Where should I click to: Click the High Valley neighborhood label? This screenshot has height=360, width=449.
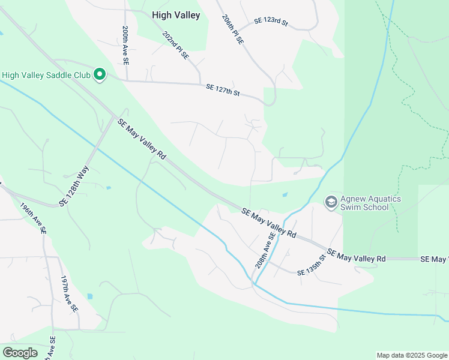[x=175, y=16]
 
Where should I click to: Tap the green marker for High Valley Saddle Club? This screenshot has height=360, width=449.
[x=100, y=75]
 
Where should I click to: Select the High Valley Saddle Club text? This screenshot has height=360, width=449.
[x=46, y=76]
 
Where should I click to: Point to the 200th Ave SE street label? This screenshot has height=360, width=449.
[x=125, y=46]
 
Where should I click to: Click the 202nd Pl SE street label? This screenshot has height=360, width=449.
[x=175, y=46]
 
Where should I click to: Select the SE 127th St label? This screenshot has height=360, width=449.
[x=223, y=89]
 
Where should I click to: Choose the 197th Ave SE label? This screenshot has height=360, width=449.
[x=69, y=293]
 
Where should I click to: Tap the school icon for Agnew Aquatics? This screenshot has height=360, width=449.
[x=330, y=203]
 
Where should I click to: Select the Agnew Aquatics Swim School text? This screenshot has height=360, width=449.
[x=370, y=203]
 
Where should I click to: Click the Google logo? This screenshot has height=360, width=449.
[x=20, y=353]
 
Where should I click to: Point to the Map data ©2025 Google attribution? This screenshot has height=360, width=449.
[x=411, y=355]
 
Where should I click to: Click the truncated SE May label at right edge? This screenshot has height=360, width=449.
[x=434, y=259]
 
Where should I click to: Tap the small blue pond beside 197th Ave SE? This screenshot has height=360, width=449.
[x=89, y=296]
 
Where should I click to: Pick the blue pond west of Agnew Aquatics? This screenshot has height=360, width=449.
[x=285, y=194]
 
